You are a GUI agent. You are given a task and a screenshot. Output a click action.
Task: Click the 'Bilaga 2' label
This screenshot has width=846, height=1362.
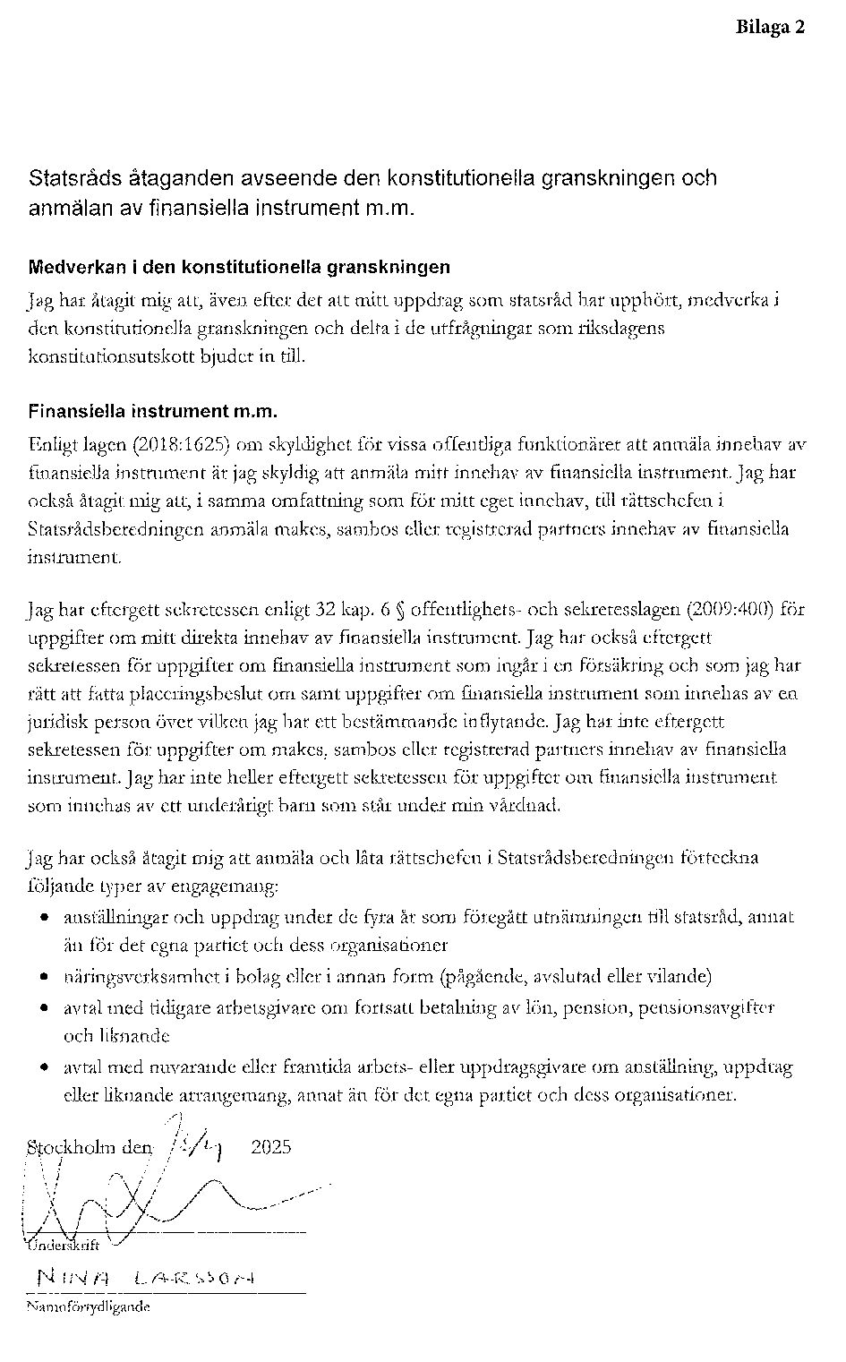770,27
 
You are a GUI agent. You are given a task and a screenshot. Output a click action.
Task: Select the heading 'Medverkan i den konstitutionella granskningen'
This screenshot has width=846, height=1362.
239,267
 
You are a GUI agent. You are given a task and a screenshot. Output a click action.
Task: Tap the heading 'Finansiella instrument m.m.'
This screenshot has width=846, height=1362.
152,412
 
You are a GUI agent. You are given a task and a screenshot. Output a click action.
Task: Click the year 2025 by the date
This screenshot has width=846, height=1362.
271,1147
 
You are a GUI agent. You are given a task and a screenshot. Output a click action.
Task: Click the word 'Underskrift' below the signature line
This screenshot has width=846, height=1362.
64,1246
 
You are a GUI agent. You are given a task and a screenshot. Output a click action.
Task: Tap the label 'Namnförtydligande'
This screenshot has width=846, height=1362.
88,1306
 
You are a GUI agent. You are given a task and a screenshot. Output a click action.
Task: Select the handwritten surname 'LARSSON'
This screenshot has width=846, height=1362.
195,1278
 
